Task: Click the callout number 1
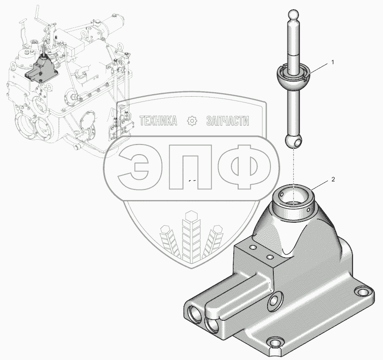pos(332,62)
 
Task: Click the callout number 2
pos(333,179)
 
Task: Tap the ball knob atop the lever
pos(293,15)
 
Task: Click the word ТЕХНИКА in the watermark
pos(158,121)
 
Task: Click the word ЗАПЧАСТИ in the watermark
pos(227,121)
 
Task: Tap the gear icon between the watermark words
pos(192,121)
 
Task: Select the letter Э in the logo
pos(134,167)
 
